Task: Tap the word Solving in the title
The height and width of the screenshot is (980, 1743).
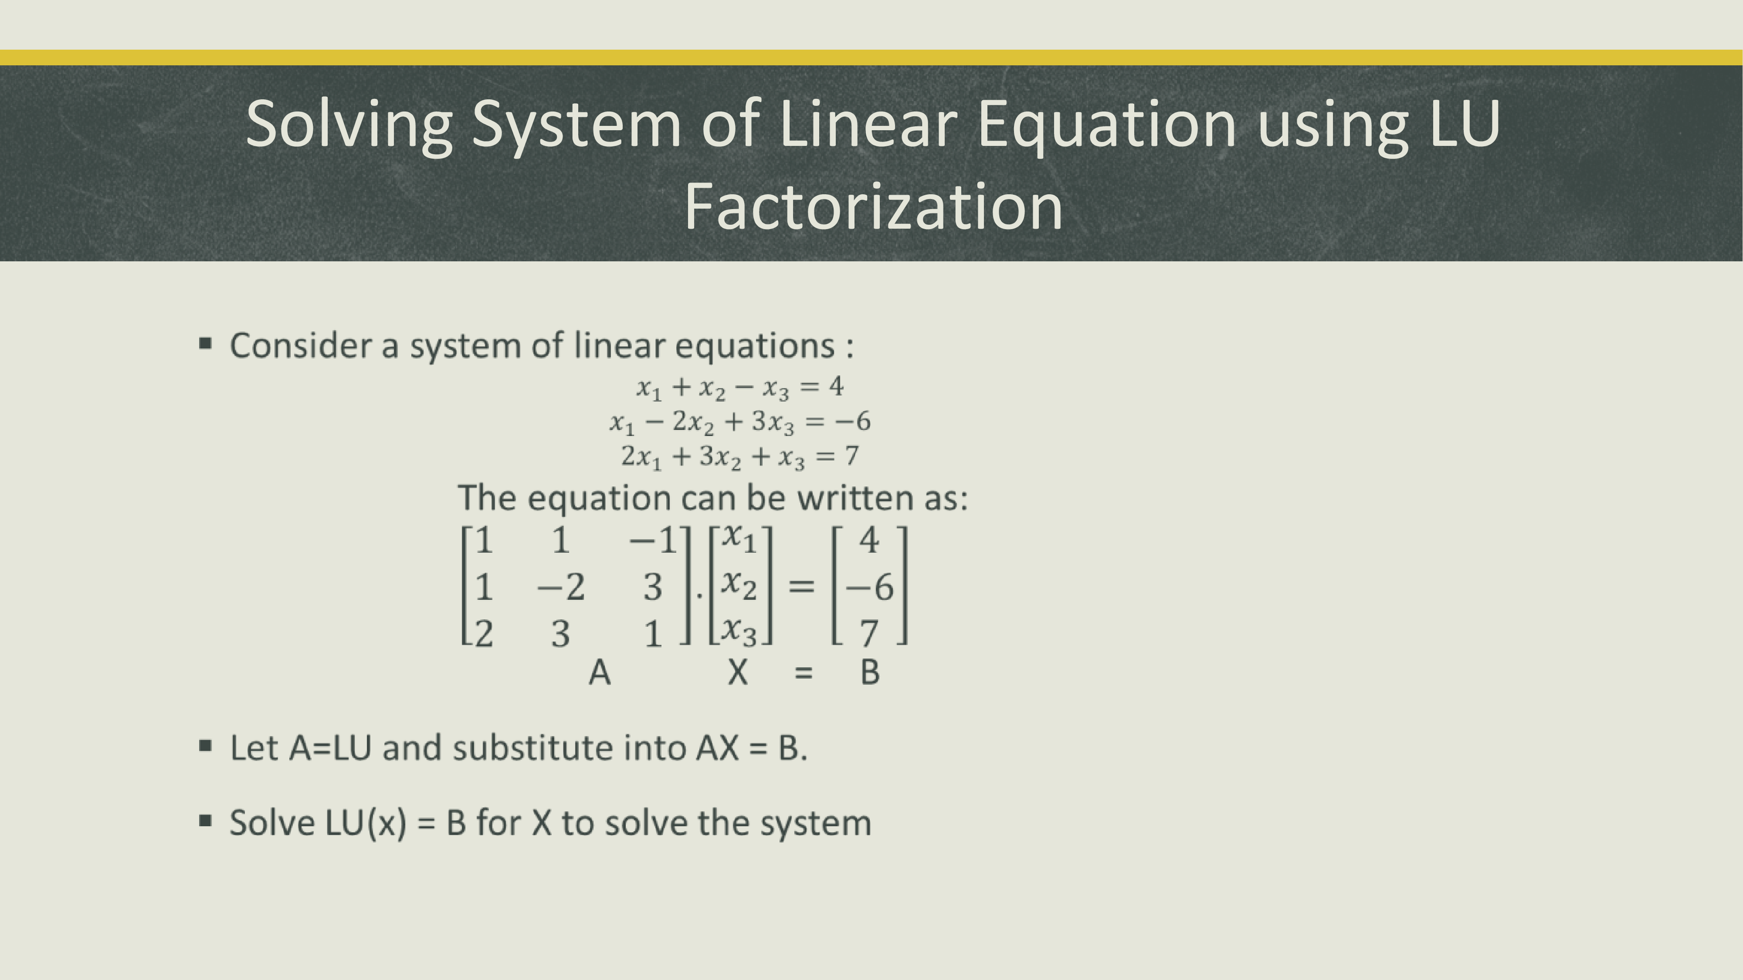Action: click(x=349, y=125)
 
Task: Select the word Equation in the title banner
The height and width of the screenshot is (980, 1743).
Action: click(x=1107, y=125)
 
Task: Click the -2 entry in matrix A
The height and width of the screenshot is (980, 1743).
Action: click(x=561, y=586)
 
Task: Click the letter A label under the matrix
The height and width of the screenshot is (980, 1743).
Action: click(x=600, y=672)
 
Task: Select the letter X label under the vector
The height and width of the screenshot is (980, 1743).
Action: click(x=738, y=672)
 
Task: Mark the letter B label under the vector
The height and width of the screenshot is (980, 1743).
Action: click(x=870, y=672)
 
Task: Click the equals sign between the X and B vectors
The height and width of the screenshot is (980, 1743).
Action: click(x=801, y=586)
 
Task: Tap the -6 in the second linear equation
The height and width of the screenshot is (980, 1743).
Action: click(x=853, y=421)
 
